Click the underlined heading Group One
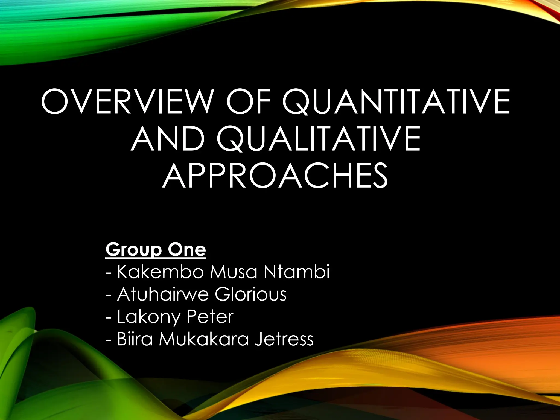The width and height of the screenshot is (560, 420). pos(156,249)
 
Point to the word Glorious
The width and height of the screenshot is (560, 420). pos(250,294)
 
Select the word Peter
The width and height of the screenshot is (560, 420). pos(210,317)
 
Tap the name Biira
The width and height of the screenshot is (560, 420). pos(135,339)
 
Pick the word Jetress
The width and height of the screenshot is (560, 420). pos(284,339)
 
